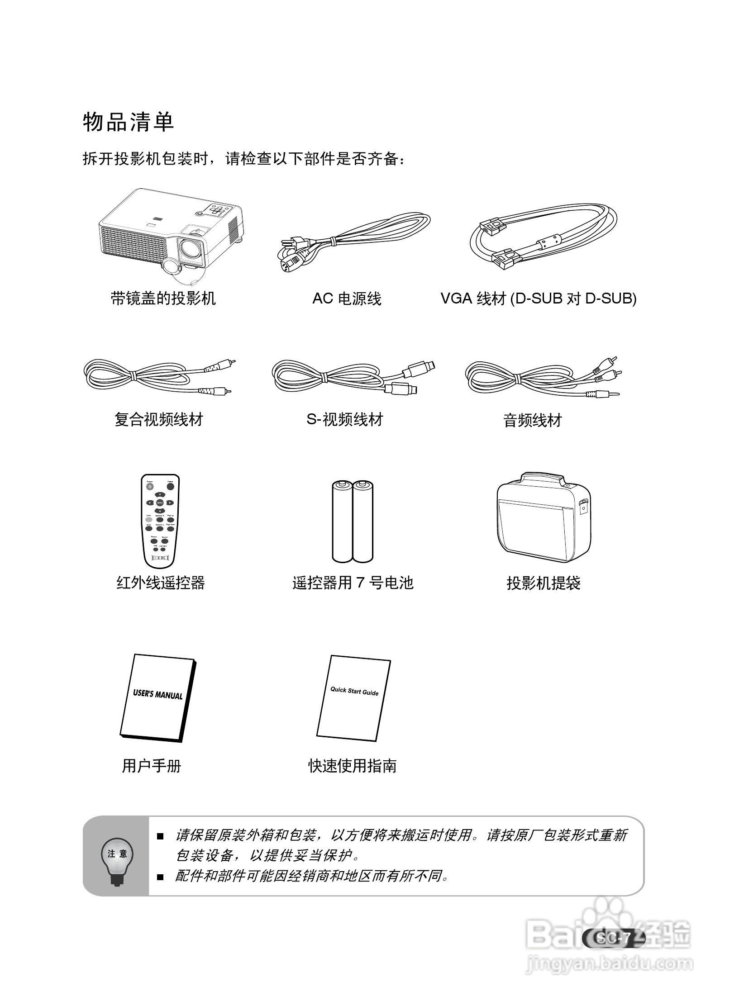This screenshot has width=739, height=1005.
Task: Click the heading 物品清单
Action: [x=129, y=122]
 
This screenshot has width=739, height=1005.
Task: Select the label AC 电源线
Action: [x=347, y=299]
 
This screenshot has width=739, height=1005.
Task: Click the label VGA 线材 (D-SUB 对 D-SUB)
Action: [x=539, y=299]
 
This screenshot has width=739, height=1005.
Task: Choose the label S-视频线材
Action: [x=345, y=419]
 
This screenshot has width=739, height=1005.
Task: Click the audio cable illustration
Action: [x=543, y=377]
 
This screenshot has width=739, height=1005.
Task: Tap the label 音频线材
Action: [x=532, y=421]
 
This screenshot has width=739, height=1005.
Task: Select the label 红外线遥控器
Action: [x=161, y=583]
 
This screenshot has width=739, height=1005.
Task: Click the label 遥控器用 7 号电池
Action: [x=353, y=583]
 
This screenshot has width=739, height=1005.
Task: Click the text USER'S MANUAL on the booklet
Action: [x=158, y=694]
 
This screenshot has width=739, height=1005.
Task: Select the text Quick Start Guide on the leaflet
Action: [x=354, y=691]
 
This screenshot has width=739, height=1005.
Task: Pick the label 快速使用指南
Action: [x=353, y=766]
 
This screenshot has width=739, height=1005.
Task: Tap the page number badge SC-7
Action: [x=613, y=938]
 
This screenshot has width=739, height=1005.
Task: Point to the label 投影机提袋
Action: [x=543, y=583]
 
